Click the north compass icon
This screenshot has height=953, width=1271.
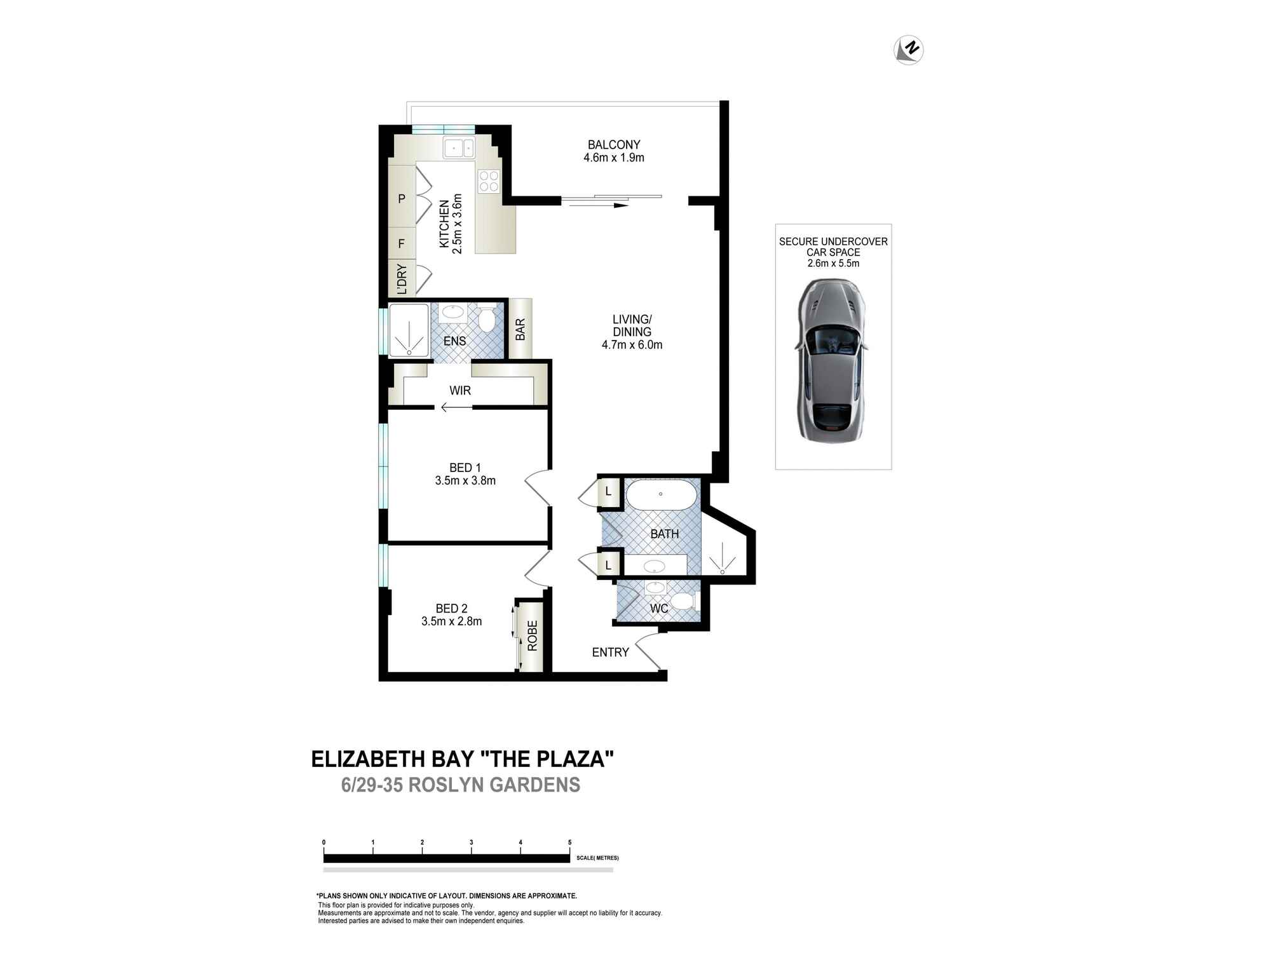coord(909,50)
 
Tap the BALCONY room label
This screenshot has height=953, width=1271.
coord(614,145)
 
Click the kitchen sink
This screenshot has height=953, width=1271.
coord(459,148)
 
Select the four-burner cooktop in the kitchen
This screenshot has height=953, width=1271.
coord(489,181)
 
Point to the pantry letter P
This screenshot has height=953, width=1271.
coord(402,199)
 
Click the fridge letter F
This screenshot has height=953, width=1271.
coord(402,244)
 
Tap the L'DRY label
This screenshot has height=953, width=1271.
coord(402,279)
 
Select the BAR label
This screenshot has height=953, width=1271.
coord(520,329)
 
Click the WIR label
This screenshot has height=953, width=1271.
coord(460,391)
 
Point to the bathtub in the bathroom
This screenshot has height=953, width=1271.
coord(662,494)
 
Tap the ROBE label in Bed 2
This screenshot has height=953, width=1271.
coord(533,635)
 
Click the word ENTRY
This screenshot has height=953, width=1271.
coord(610,652)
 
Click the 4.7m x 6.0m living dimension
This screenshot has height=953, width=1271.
coord(632,345)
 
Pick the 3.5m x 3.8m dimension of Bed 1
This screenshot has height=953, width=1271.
coord(465,481)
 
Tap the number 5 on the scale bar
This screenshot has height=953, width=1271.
coord(570,842)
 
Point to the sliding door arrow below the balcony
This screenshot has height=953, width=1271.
coord(595,205)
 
